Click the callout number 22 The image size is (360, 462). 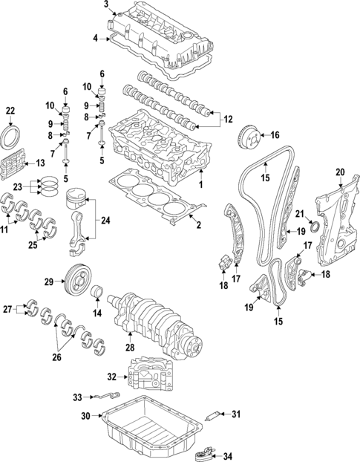(10, 111)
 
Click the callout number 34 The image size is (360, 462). (227, 456)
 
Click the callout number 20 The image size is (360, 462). (340, 173)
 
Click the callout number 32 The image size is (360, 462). (111, 376)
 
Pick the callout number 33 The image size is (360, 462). (77, 397)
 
